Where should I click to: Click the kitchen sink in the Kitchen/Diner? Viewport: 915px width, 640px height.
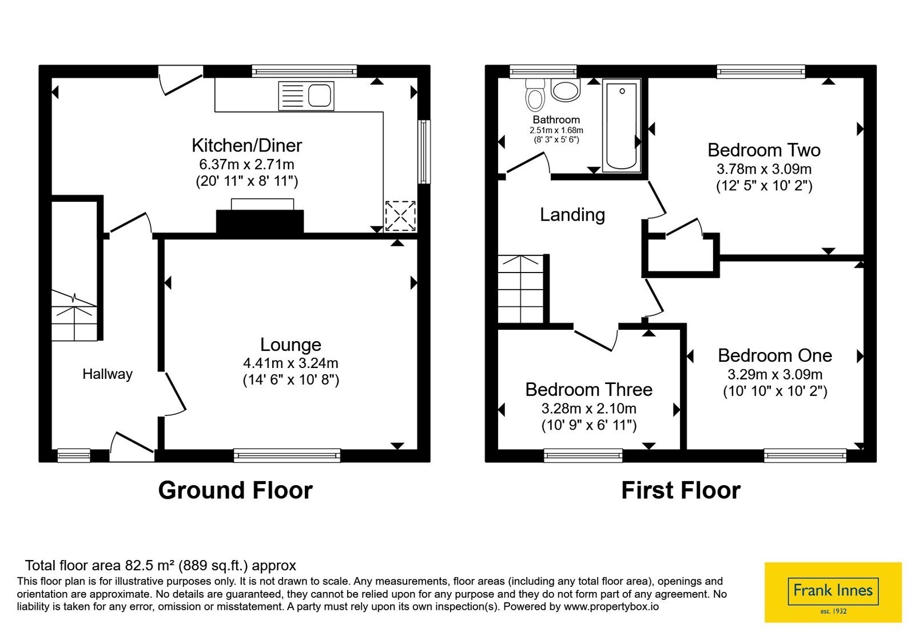pos(307,96)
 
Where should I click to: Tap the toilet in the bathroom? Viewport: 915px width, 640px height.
pos(535,95)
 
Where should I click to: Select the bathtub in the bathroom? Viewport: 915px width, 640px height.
pos(621,126)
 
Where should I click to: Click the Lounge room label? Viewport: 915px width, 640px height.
pos(291,345)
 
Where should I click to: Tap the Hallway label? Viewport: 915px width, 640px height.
pos(108,374)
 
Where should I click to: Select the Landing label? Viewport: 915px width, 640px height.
pos(572,215)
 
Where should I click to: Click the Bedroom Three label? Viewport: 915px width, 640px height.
pos(588,390)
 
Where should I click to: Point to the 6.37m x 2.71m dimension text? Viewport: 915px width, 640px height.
pos(246,165)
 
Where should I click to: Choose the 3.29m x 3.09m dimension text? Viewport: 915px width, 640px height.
pos(775,374)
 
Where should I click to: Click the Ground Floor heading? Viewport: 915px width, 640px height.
pos(235,490)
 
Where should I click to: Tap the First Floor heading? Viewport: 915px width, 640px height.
pos(681,490)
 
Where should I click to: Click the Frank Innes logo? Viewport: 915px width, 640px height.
pos(833,592)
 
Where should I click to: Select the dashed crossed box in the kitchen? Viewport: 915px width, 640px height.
pos(400,216)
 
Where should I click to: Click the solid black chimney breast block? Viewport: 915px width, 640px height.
pos(260,222)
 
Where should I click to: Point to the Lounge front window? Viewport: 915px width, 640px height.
pos(287,455)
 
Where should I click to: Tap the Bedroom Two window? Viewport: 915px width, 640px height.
pos(761,71)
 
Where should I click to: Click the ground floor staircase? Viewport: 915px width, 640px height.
pos(74,315)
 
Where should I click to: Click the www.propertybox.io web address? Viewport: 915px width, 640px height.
pos(611,606)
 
